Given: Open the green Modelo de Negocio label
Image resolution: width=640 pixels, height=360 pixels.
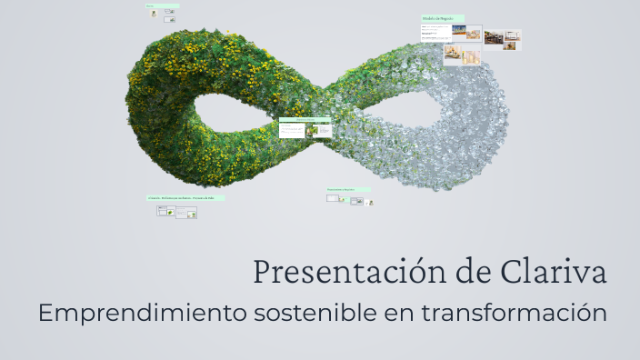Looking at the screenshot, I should click(x=443, y=18).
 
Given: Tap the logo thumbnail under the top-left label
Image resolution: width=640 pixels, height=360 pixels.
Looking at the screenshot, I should click(x=153, y=14).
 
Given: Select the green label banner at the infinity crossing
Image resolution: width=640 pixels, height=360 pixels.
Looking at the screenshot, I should click(x=305, y=119).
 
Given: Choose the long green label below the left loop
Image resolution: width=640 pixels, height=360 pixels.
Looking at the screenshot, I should click(x=185, y=197).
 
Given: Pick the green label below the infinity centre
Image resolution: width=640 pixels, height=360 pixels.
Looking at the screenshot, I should click(x=348, y=190).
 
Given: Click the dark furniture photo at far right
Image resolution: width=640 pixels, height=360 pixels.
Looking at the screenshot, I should click(x=495, y=37).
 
